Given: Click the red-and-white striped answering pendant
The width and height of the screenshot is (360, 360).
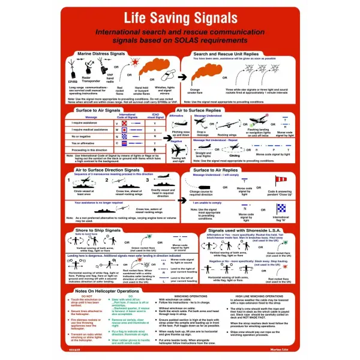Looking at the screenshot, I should (x=280, y=182).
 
